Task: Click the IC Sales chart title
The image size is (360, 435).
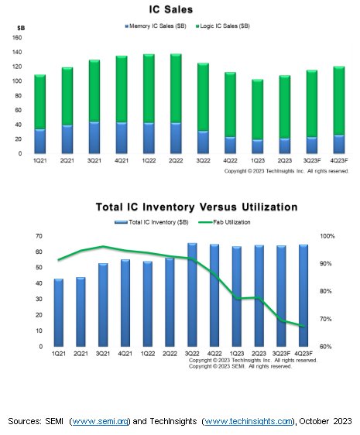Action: pos(180,9)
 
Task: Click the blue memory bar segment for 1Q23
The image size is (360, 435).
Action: pos(257,146)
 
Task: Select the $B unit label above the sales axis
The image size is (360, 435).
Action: pos(20,27)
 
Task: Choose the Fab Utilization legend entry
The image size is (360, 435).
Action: pos(237,222)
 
